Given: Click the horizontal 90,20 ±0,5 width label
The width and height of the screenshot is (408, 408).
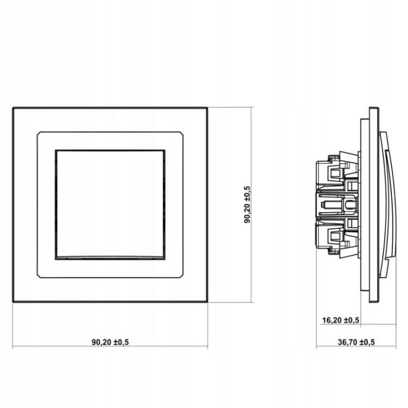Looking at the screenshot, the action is tap(110, 342).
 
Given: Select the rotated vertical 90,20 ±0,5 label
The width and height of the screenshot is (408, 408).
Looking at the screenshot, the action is tap(247, 205).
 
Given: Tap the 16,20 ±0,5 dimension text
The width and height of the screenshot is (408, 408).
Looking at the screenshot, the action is tap(341, 320).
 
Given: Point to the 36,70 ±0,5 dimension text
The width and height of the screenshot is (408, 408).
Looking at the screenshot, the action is tap(356, 342).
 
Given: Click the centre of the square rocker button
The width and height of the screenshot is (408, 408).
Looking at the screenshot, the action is tap(110, 205).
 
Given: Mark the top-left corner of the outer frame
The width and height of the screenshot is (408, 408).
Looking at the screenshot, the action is tap(13, 108).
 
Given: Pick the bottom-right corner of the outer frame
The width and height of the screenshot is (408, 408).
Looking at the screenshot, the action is tap(207, 302).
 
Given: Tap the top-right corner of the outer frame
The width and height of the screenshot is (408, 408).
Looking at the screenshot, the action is tap(207, 108).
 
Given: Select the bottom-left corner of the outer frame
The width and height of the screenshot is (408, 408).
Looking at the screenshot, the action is tap(13, 302).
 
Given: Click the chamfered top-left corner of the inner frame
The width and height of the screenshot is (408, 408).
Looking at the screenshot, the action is tap(39, 133).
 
